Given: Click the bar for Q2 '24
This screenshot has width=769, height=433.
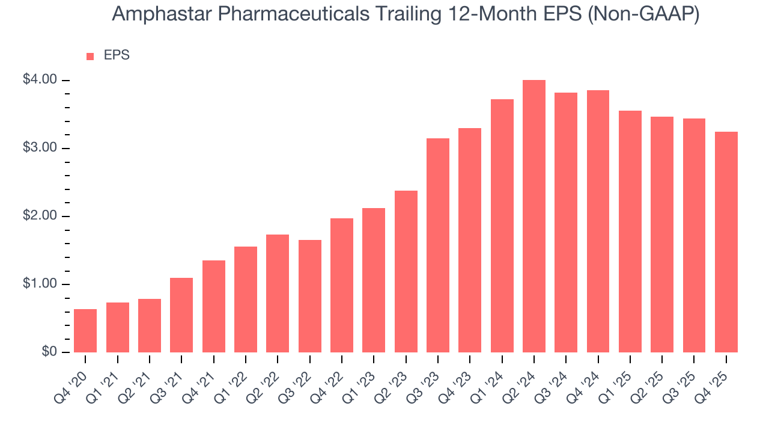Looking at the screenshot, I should (x=534, y=216).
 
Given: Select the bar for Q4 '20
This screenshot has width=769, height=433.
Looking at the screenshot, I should (x=85, y=331).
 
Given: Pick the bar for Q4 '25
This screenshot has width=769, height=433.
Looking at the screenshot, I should (x=726, y=242).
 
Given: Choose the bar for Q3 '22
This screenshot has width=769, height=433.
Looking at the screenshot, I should (x=310, y=296).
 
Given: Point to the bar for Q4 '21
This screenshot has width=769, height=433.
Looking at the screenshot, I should (x=214, y=306).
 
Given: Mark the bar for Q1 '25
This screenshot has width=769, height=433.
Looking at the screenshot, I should (x=630, y=232).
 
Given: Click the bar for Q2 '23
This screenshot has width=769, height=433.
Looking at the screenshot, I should (x=406, y=271).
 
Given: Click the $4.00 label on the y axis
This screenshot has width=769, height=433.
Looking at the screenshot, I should (x=40, y=80).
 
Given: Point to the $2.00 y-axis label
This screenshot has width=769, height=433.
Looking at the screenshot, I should (x=40, y=216).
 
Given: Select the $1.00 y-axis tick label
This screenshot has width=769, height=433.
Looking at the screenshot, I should (x=40, y=284).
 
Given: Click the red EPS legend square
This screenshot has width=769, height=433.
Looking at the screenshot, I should (x=90, y=56).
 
